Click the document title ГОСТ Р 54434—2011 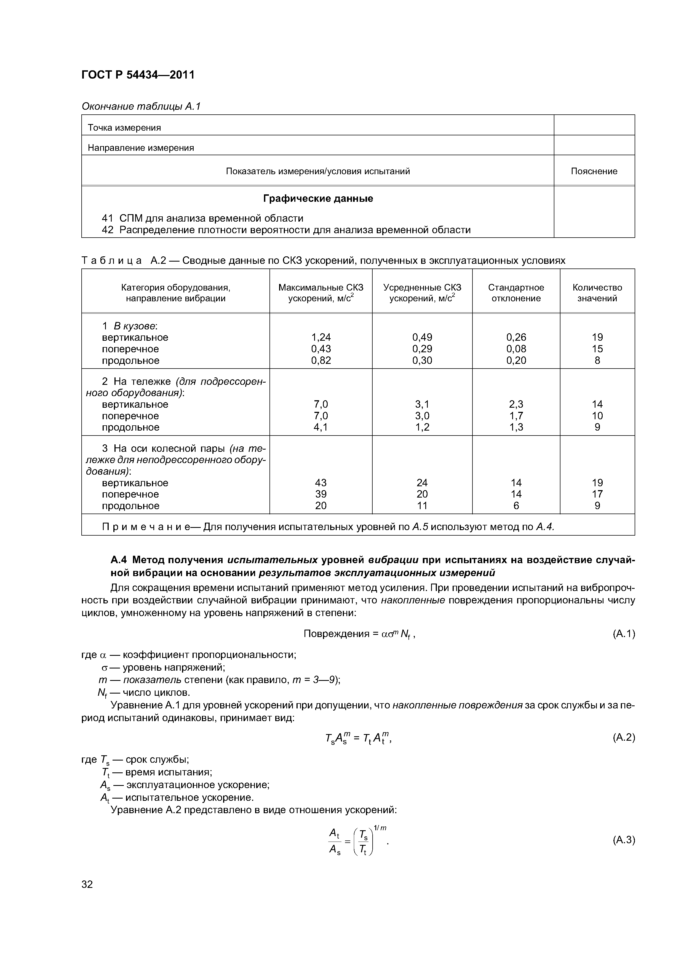(138, 75)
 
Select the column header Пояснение (594, 171)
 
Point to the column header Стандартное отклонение (516, 293)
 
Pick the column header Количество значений (597, 293)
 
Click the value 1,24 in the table (321, 337)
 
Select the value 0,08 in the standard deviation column (516, 349)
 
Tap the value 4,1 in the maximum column (321, 428)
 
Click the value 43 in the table (321, 483)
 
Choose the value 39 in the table (321, 494)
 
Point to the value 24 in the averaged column (422, 483)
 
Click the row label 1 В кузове (129, 326)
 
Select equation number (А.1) (623, 634)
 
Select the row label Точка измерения (124, 128)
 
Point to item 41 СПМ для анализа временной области (202, 218)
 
